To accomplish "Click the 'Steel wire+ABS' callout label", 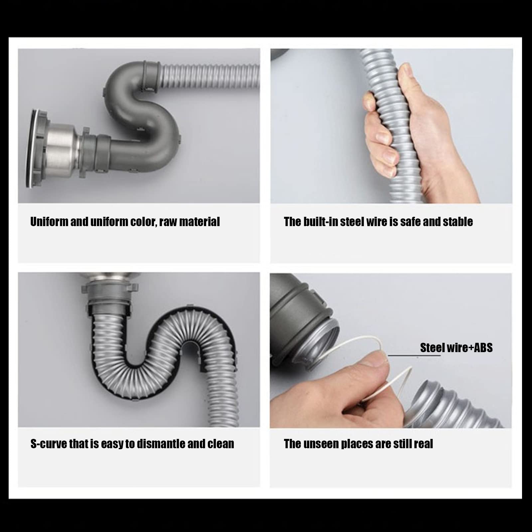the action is click(x=456, y=348).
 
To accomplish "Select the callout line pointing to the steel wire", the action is click(x=414, y=355).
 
